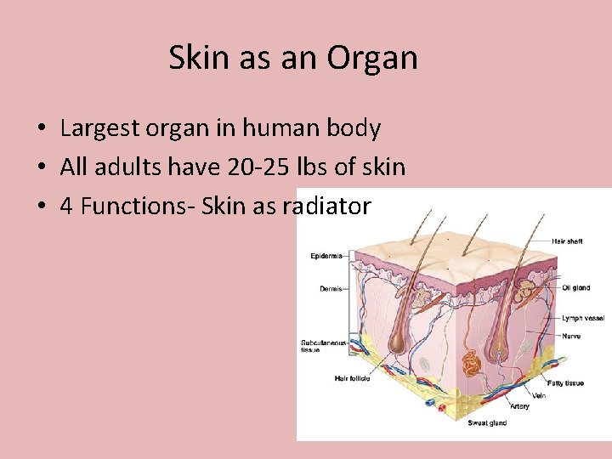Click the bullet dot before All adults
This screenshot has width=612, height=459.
(41, 167)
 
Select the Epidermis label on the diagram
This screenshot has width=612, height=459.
(326, 256)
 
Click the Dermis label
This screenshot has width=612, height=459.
(331, 289)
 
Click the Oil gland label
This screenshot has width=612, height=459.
(576, 287)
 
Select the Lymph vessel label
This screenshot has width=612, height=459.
(583, 318)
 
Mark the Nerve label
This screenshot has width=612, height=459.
(572, 336)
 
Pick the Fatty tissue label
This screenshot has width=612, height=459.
(565, 383)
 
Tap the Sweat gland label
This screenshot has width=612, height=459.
(489, 422)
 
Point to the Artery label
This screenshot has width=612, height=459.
(519, 406)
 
